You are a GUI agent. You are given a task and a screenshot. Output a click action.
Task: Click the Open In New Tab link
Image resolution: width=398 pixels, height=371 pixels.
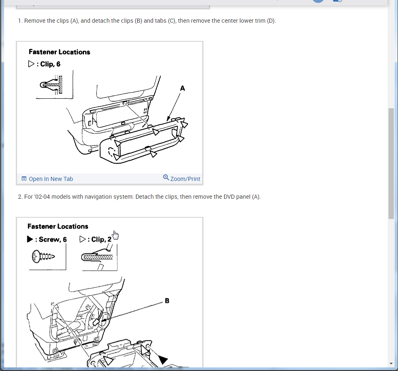tap(51, 179)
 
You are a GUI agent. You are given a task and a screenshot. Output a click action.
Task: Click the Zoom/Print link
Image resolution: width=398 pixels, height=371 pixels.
tap(185, 179)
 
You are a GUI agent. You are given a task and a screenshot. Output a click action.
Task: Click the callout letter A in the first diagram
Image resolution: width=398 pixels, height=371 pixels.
tap(182, 88)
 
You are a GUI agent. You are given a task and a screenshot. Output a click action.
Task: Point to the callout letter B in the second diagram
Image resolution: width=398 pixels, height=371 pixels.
tap(167, 300)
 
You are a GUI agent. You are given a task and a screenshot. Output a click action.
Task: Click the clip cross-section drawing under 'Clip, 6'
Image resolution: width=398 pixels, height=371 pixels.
tap(51, 85)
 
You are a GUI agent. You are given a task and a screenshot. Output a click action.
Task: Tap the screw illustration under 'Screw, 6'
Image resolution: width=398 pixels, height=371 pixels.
tap(43, 257)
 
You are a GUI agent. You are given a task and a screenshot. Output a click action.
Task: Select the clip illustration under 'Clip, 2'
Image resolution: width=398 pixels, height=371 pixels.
tap(98, 257)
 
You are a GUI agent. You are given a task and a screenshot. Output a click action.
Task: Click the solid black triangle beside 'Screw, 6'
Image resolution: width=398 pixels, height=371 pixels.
tap(30, 239)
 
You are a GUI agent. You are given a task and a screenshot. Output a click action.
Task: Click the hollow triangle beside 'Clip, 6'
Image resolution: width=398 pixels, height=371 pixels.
tap(31, 64)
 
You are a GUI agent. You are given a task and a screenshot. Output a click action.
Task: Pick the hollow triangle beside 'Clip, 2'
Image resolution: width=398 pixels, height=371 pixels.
tap(82, 239)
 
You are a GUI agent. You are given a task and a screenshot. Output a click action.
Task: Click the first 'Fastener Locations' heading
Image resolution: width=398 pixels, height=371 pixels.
tap(60, 52)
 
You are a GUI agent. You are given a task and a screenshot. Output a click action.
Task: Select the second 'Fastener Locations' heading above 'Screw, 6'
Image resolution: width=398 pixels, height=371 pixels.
tap(58, 226)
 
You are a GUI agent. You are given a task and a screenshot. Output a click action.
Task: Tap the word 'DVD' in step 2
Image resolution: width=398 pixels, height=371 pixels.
tap(229, 197)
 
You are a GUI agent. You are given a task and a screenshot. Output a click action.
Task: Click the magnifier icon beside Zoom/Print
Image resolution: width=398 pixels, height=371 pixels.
tap(166, 177)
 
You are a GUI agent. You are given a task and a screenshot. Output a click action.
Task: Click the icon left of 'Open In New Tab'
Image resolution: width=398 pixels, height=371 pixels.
tap(24, 178)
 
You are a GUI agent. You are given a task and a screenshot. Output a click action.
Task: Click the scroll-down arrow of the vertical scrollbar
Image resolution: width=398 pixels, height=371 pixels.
tap(391, 364)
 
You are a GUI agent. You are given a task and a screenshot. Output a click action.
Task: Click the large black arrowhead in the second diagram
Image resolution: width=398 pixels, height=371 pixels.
tap(163, 359)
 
